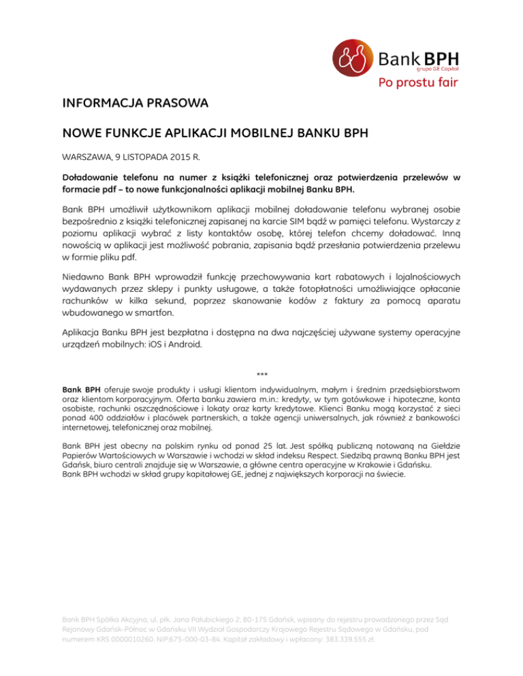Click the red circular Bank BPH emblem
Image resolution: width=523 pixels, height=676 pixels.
coord(353,60)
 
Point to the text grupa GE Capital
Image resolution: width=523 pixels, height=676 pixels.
coord(436,69)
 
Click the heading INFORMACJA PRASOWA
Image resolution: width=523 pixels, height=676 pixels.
coord(134,105)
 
